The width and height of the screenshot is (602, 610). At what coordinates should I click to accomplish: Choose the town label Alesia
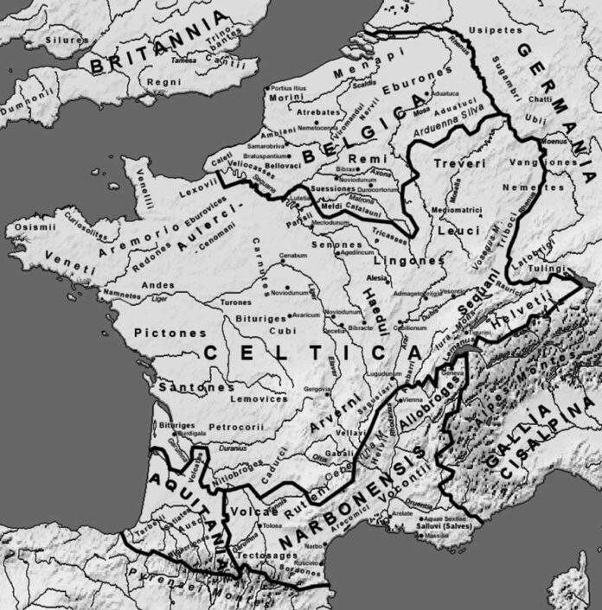(377, 279)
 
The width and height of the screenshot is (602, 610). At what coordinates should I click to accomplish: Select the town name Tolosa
(272, 524)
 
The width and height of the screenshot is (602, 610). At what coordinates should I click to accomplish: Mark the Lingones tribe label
(409, 259)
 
